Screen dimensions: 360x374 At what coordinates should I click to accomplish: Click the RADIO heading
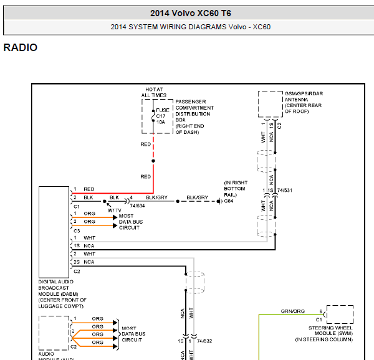(x=21, y=48)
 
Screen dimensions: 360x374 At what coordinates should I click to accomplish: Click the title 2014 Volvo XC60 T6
(x=190, y=13)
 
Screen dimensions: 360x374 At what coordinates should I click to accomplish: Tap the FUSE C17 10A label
(x=161, y=116)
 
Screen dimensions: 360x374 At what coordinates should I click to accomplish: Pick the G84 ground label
(x=229, y=201)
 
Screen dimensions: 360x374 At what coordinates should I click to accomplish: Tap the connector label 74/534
(x=137, y=204)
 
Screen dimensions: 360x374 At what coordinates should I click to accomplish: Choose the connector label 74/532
(x=204, y=341)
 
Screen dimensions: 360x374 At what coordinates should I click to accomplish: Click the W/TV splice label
(x=114, y=210)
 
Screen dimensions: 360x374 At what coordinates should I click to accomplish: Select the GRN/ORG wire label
(x=292, y=311)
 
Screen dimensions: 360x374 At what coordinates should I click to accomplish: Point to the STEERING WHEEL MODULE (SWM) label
(x=330, y=333)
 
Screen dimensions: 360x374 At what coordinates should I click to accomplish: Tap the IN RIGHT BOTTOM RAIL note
(x=235, y=189)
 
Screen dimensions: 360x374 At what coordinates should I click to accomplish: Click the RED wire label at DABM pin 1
(x=89, y=189)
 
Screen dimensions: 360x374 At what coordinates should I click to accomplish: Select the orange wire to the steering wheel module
(x=260, y=336)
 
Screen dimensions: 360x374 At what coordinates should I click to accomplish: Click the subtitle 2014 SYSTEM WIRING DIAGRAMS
(x=190, y=27)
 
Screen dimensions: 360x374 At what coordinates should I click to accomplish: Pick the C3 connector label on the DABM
(x=77, y=230)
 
